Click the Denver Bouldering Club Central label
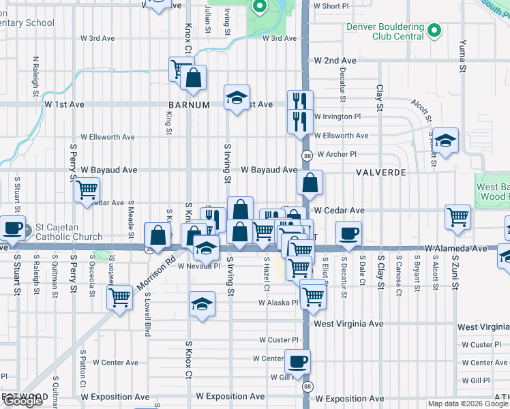tap(385, 32)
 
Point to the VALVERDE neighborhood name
tap(380, 172)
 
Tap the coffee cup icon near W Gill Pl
tap(297, 361)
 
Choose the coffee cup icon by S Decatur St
tap(348, 233)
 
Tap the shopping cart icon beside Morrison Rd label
tap(120, 297)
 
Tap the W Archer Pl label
tap(336, 154)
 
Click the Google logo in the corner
tap(22, 401)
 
